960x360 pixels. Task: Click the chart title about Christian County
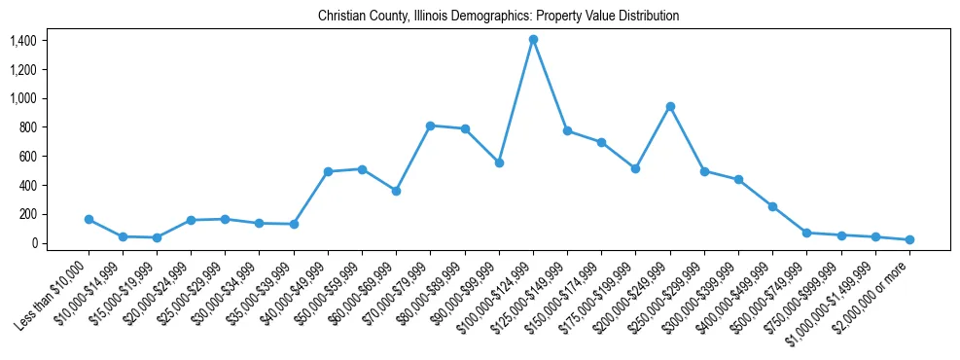click(498, 17)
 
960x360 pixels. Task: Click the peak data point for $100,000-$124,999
click(533, 39)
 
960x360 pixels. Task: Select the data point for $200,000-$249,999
click(670, 106)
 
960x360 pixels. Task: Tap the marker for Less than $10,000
click(89, 219)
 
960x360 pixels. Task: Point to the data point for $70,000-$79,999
click(430, 126)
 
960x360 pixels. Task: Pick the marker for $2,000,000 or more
click(909, 239)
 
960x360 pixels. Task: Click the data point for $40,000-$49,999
click(328, 171)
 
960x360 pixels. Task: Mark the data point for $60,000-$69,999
click(396, 191)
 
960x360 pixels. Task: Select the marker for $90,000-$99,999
click(499, 162)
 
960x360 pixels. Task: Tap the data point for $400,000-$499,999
click(772, 206)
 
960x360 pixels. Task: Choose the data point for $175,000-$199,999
click(635, 168)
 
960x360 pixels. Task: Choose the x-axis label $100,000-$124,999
click(499, 291)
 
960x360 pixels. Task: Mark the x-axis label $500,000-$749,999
click(772, 291)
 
